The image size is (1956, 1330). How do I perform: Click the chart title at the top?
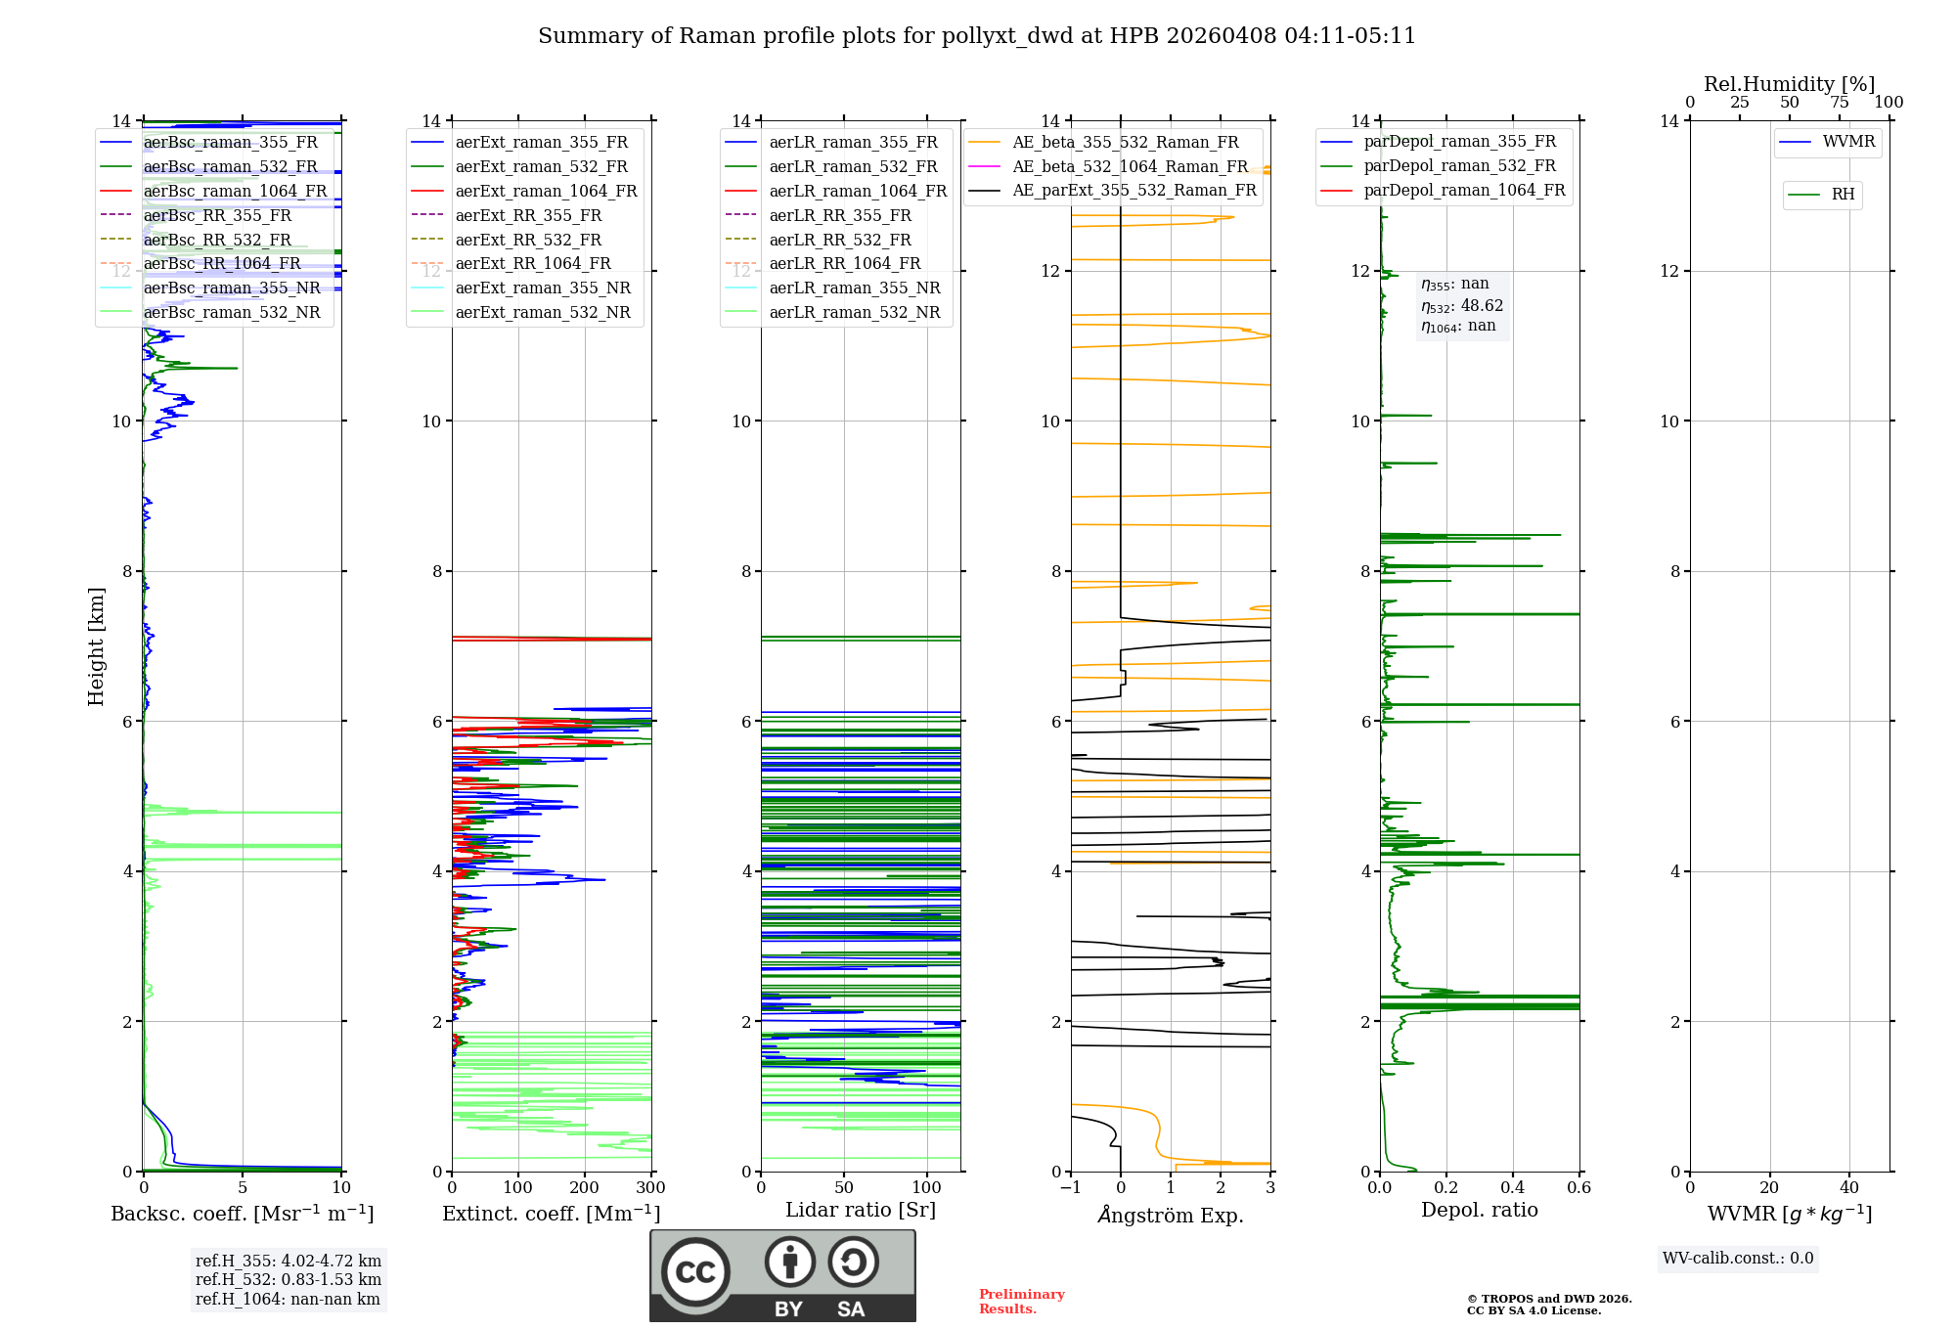click(976, 36)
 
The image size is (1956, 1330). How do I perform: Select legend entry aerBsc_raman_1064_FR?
click(235, 191)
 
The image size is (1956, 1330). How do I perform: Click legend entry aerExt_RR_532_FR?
click(528, 240)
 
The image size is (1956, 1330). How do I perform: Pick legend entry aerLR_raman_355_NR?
click(854, 288)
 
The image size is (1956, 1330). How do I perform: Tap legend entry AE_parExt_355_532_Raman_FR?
click(1134, 190)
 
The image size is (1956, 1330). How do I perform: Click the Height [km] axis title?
click(96, 645)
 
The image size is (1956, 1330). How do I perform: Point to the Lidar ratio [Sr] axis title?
click(860, 1210)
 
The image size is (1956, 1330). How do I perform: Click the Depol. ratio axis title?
click(1479, 1210)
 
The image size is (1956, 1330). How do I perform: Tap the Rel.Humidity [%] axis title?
click(1789, 84)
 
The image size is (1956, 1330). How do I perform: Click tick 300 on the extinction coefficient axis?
click(650, 1187)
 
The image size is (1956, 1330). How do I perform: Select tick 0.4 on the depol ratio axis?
click(1512, 1187)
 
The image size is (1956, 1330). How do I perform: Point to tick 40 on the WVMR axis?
click(1848, 1187)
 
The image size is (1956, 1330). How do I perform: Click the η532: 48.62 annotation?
click(1462, 305)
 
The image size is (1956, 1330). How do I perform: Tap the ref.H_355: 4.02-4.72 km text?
click(288, 1261)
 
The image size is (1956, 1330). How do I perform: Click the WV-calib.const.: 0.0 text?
click(1737, 1259)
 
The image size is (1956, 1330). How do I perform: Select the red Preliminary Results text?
click(1021, 1301)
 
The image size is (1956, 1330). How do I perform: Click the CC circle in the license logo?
click(695, 1271)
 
